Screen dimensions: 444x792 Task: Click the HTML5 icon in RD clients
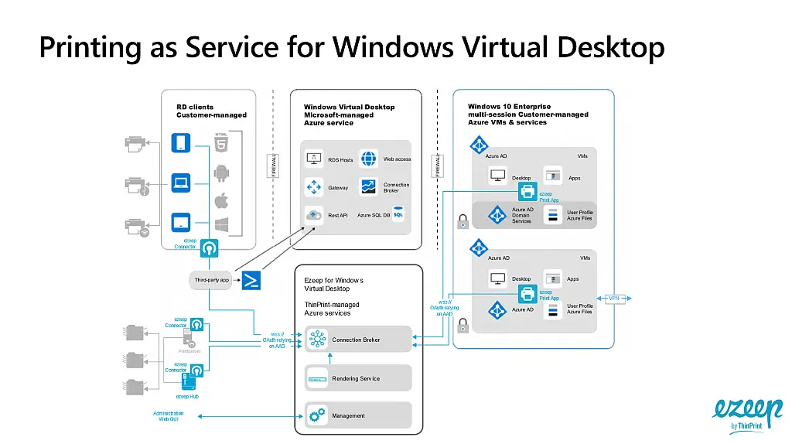[x=221, y=144]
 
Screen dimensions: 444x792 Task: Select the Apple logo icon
[x=221, y=200]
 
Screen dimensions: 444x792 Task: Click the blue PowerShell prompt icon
[x=251, y=280]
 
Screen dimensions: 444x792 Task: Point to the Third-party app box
[x=210, y=280]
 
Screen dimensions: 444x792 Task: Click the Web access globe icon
[x=369, y=159]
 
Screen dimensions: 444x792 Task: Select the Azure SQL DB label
[x=374, y=215]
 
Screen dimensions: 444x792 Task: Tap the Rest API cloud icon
[x=314, y=215]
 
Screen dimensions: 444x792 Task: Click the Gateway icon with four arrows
[x=314, y=187]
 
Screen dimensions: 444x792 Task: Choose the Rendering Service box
[x=358, y=378]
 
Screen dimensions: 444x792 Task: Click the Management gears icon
[x=317, y=415]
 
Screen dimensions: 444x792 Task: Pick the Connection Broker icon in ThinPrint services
[x=316, y=339]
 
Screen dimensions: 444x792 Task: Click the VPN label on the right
[x=613, y=298]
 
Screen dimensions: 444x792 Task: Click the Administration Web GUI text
[x=169, y=416]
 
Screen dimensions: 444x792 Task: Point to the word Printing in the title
[x=86, y=47]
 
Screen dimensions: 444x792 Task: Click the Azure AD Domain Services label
[x=522, y=215]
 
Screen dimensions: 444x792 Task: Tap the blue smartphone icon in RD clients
[x=181, y=143]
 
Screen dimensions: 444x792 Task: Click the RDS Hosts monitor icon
[x=314, y=159]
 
